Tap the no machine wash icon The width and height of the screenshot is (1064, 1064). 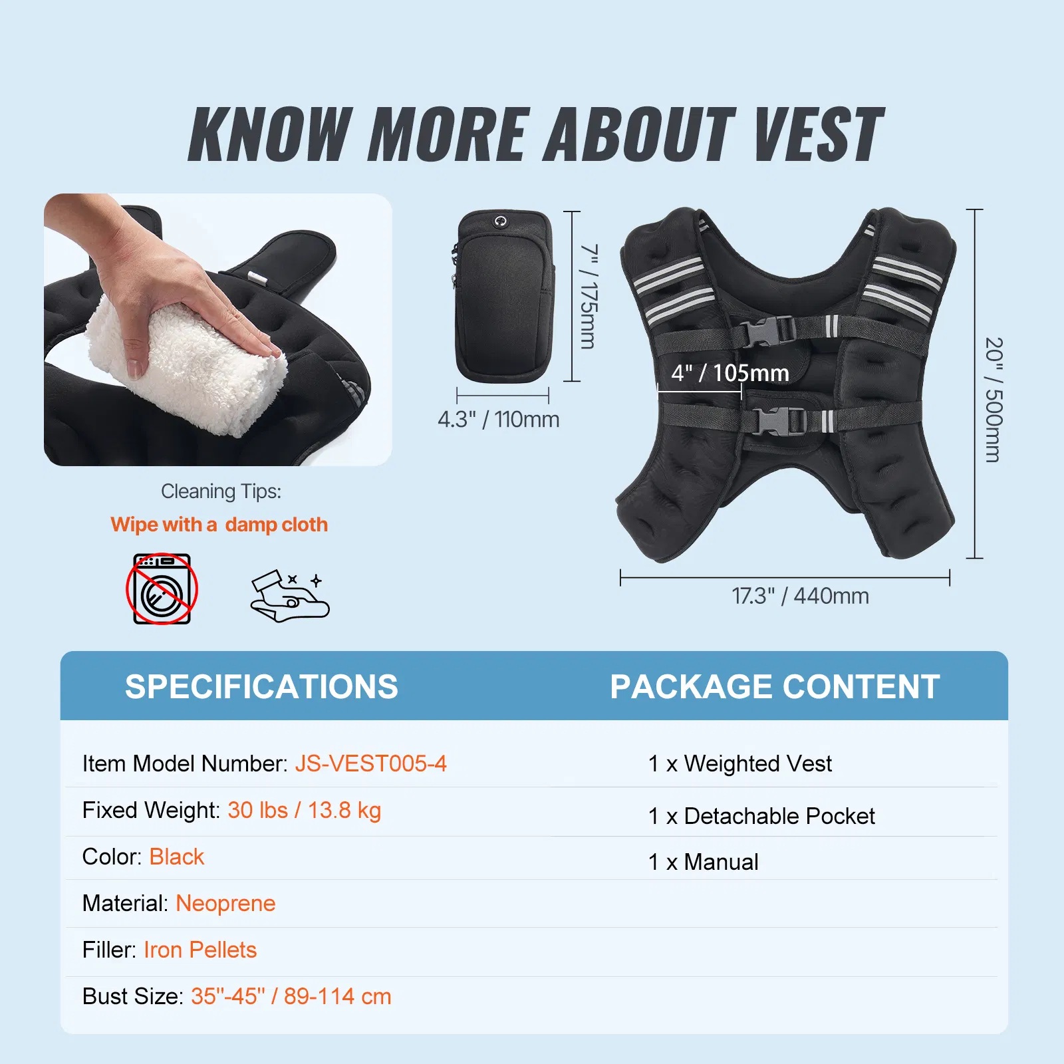(162, 589)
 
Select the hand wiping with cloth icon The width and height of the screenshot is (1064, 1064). (290, 596)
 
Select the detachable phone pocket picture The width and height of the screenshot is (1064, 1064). (503, 296)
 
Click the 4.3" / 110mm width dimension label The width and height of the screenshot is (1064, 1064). (499, 420)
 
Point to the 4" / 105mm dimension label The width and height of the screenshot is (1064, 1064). (730, 373)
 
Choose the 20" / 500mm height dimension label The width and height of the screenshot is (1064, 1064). (994, 400)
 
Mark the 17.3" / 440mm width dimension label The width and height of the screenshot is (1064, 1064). (801, 596)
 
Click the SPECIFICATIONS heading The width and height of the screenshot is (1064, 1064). (261, 686)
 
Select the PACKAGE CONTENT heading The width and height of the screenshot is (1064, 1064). (775, 686)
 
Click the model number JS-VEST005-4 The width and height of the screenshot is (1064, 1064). (371, 763)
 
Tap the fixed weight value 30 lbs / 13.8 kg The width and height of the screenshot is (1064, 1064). (305, 811)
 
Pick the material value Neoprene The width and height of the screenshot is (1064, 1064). (225, 904)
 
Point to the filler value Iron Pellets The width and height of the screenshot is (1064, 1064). (200, 950)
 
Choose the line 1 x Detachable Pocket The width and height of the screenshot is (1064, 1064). (761, 816)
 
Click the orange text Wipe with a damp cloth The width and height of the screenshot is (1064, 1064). (219, 525)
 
